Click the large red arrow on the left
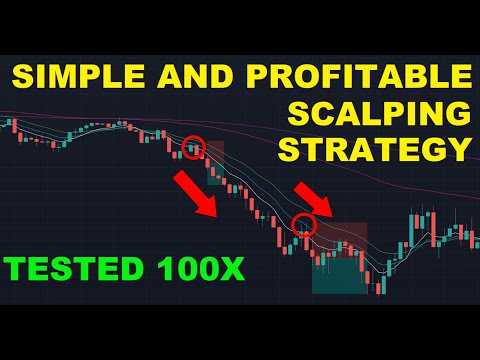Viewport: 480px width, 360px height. [x=196, y=193]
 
